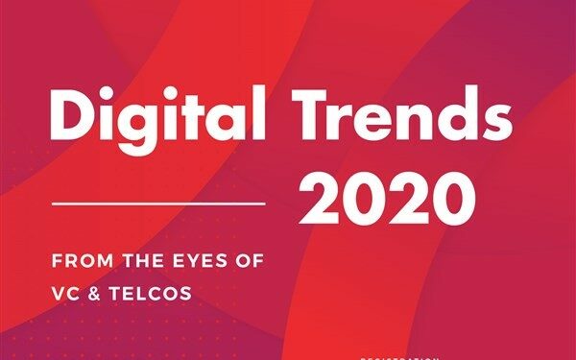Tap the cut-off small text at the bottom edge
pos(398,356)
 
